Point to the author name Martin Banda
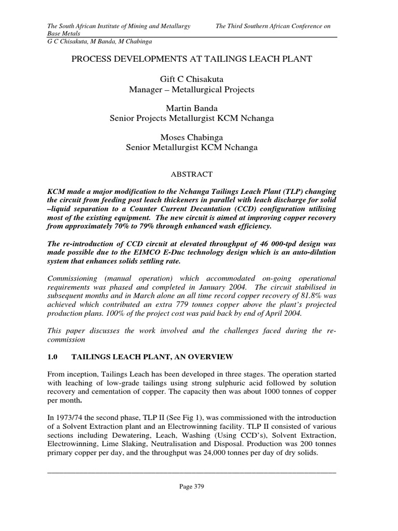pos(192,108)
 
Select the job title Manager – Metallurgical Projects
pos(192,89)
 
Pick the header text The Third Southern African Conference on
pos(273,26)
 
